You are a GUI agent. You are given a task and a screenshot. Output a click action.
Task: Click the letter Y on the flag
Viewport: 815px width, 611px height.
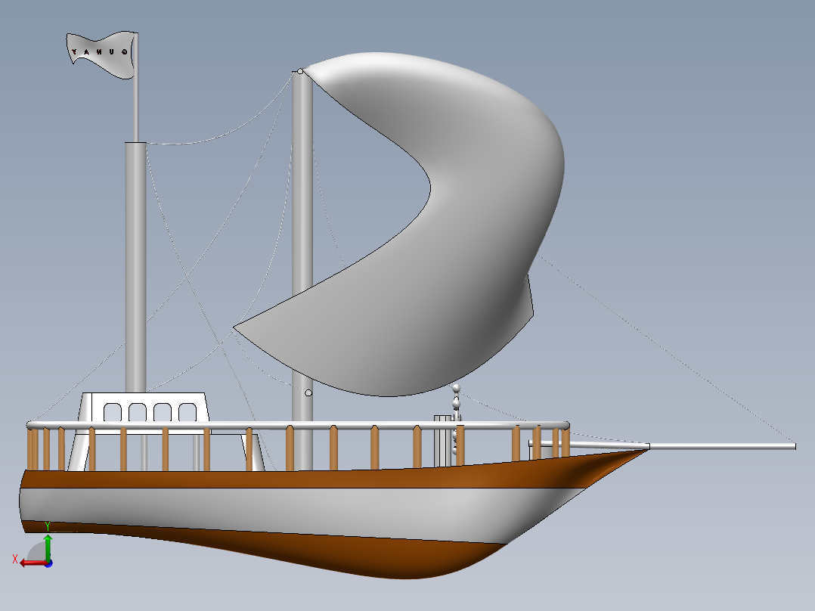click(x=74, y=51)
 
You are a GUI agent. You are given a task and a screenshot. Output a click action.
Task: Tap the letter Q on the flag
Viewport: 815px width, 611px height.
click(x=124, y=52)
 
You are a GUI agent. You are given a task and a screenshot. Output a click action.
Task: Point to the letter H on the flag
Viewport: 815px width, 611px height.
click(x=99, y=52)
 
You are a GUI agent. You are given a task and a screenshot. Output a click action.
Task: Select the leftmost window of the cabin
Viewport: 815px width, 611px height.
click(x=112, y=412)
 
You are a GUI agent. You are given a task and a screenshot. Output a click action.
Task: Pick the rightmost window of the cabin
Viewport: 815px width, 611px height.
click(x=187, y=412)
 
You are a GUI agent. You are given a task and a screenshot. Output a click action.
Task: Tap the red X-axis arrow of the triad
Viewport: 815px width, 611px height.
click(x=29, y=563)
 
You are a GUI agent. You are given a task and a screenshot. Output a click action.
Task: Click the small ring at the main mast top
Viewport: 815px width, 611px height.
click(x=300, y=71)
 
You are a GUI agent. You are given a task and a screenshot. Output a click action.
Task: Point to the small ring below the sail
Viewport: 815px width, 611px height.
click(x=308, y=392)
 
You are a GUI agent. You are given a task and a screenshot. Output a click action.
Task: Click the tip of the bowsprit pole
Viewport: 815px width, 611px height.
click(x=793, y=446)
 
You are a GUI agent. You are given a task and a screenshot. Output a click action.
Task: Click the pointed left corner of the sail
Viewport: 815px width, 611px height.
click(x=235, y=327)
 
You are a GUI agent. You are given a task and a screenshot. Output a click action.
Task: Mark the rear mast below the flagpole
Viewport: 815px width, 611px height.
click(x=136, y=265)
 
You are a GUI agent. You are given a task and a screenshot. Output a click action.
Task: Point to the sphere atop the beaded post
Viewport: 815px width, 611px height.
click(x=456, y=388)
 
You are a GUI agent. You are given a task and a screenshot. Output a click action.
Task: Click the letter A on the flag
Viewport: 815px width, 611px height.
click(x=87, y=52)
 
